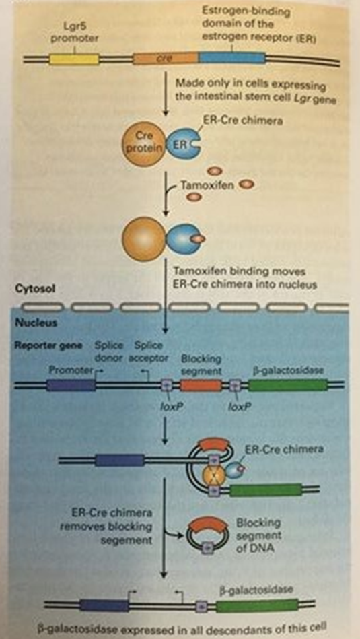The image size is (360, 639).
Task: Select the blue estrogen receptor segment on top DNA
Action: [232, 59]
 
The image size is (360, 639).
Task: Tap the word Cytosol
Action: [32, 288]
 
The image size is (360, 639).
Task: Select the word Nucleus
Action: [32, 323]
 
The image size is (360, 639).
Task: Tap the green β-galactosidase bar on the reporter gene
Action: [288, 385]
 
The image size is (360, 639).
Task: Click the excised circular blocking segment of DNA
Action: [203, 531]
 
